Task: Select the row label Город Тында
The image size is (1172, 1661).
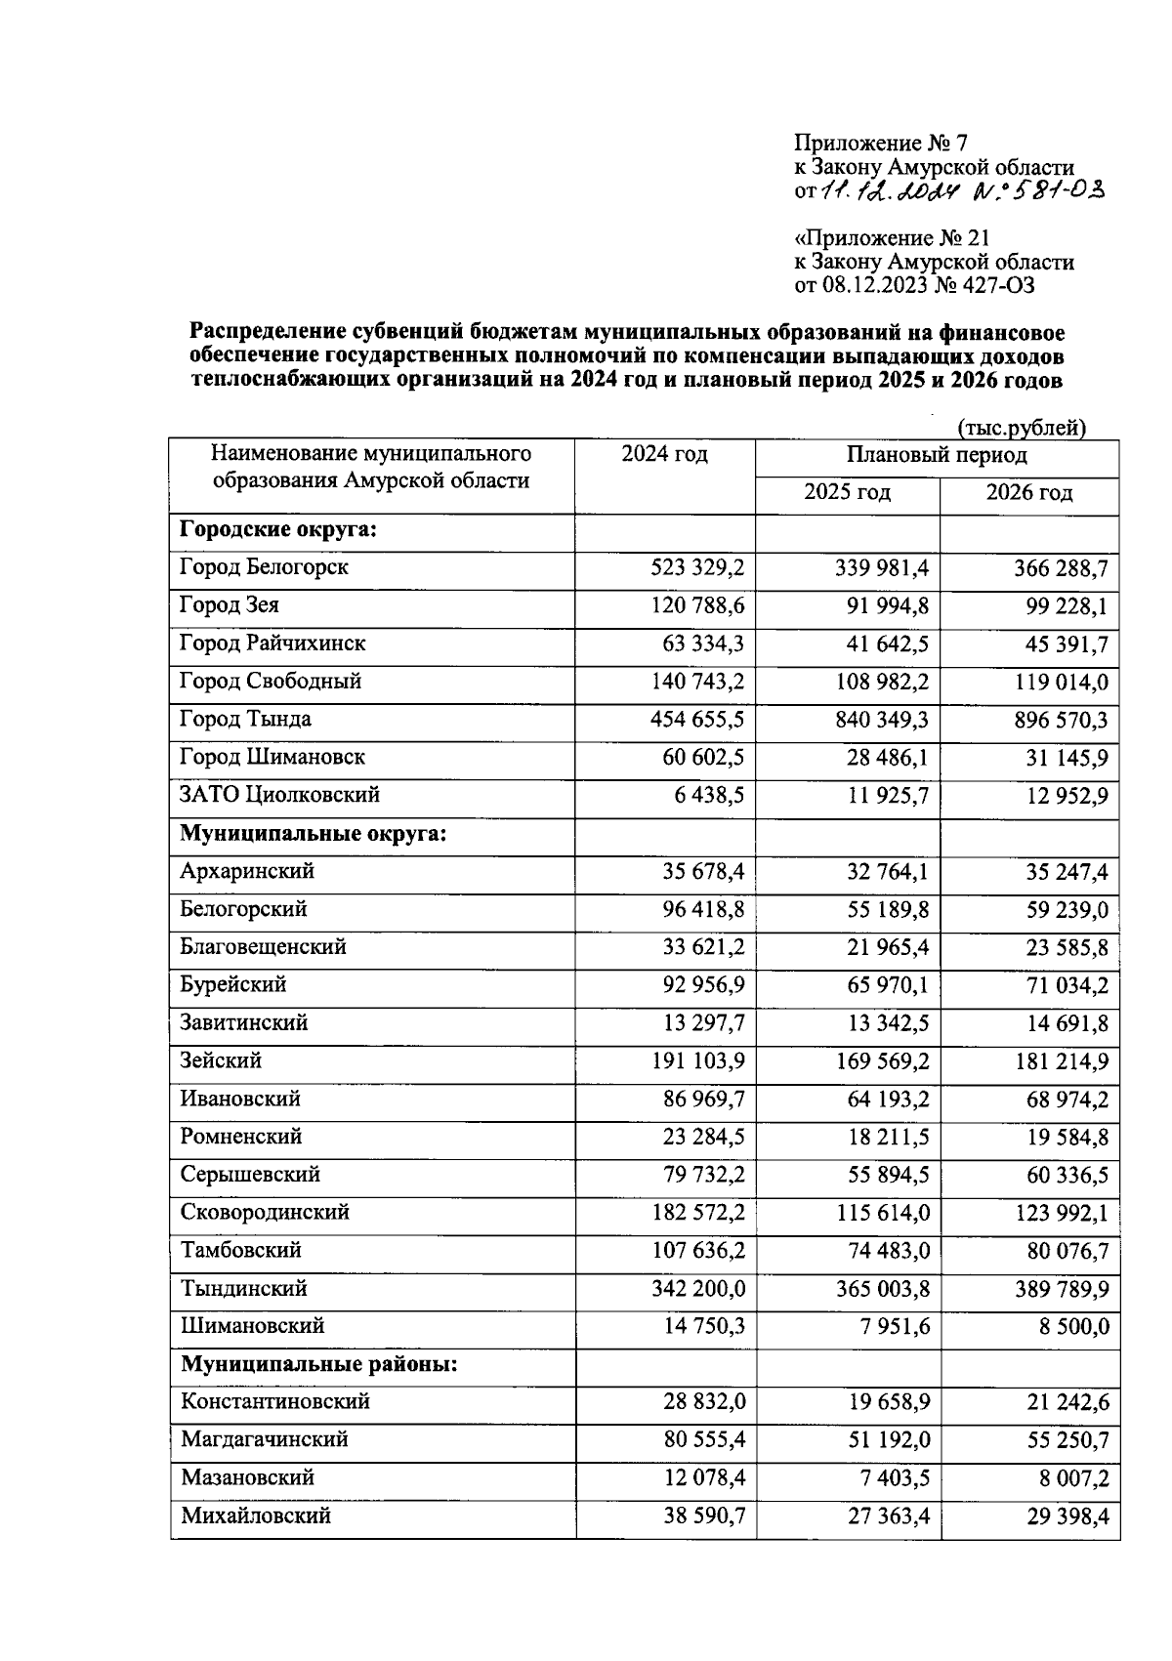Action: coord(245,720)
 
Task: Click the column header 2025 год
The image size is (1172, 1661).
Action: coord(847,492)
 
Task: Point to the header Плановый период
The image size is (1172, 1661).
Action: coord(936,455)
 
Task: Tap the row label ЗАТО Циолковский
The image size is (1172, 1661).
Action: coord(279,795)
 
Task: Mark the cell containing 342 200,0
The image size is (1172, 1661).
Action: coord(697,1289)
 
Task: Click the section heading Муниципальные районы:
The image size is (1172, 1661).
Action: coord(319,1364)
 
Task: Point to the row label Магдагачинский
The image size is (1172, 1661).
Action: coord(264,1439)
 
